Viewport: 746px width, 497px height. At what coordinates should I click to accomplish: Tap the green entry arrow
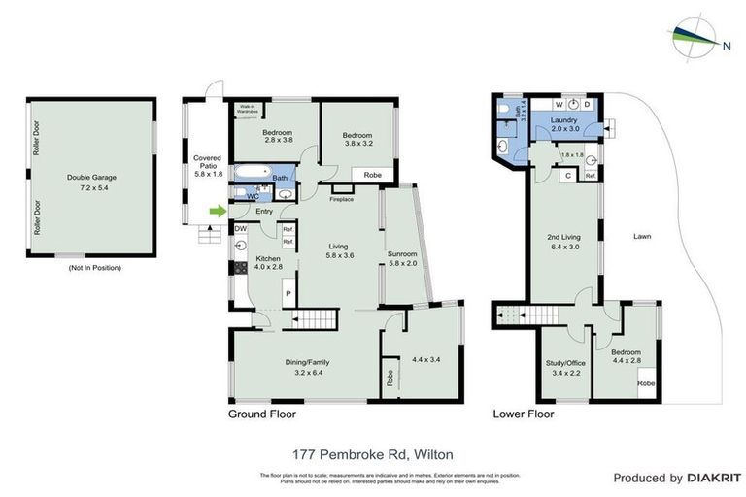219,210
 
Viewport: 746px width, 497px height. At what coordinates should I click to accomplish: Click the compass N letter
727,44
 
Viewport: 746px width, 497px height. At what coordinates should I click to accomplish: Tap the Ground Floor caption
261,414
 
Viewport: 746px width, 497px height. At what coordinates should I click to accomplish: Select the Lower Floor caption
523,414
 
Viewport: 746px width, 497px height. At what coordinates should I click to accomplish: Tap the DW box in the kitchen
239,229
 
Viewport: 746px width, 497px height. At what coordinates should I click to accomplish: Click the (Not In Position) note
89,267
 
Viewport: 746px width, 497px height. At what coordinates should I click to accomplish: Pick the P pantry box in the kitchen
288,291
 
